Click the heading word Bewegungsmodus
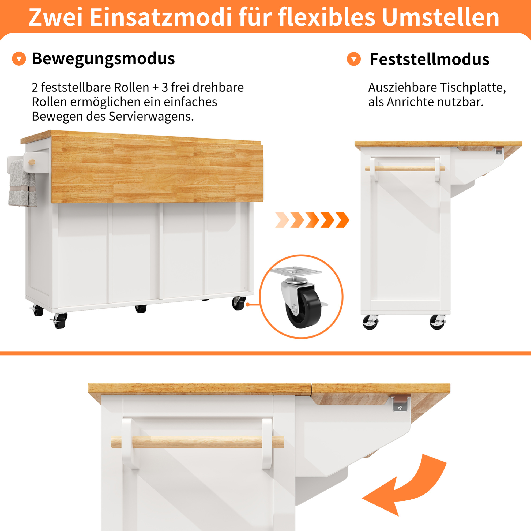(103, 59)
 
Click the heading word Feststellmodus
(430, 59)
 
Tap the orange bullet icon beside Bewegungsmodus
(19, 59)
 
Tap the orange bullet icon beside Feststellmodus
(354, 59)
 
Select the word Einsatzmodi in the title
(161, 17)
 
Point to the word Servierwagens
(151, 117)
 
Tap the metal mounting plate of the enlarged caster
(296, 272)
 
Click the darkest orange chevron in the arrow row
(342, 220)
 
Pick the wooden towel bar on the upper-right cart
(405, 169)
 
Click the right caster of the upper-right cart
(437, 322)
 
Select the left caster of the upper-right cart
(370, 322)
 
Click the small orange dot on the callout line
(248, 304)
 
